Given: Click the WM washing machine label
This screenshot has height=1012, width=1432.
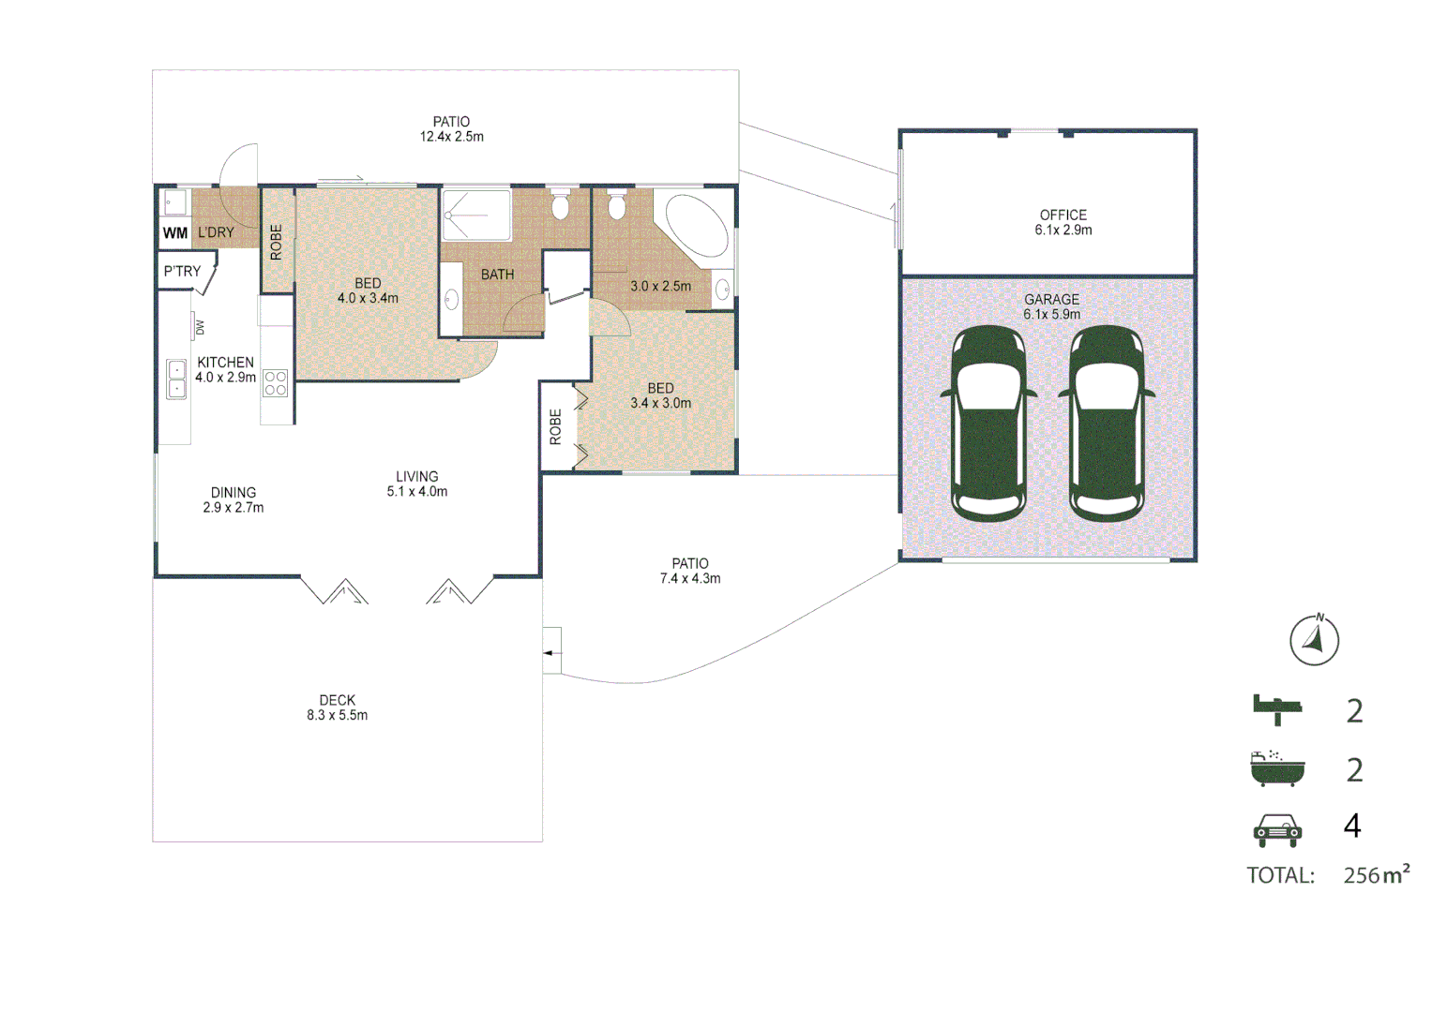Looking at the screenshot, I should (x=175, y=233).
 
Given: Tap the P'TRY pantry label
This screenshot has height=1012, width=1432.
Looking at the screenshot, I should (x=182, y=272).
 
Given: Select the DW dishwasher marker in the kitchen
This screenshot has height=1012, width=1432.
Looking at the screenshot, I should (x=198, y=327).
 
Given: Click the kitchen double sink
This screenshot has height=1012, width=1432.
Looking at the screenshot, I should (x=176, y=379).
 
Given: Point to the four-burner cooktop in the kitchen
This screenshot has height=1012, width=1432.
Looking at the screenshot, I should (x=276, y=383).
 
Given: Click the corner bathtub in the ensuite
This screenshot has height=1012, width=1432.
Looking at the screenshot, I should (x=696, y=225).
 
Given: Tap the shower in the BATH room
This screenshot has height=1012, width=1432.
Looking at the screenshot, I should (x=476, y=216).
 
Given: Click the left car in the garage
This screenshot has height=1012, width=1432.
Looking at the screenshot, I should (x=989, y=423).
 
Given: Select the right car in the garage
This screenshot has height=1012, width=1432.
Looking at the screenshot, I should (x=1108, y=423).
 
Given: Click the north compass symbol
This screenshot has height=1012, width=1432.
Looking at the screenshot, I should (x=1314, y=641).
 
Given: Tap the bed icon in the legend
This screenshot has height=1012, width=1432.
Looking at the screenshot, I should (x=1277, y=709).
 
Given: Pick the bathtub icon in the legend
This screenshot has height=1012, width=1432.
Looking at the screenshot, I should (x=1277, y=768).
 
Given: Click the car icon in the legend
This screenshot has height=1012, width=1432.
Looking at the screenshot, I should (x=1277, y=828).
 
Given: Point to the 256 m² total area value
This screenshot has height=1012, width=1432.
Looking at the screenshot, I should (x=1376, y=875).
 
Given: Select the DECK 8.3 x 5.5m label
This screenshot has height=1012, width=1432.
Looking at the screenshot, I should (x=338, y=707).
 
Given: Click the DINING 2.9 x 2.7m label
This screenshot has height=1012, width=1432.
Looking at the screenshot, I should (x=234, y=500).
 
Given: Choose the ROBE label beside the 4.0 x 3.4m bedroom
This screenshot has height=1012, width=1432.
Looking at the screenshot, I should (x=277, y=242).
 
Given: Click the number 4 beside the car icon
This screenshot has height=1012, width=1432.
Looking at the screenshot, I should (x=1352, y=826).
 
